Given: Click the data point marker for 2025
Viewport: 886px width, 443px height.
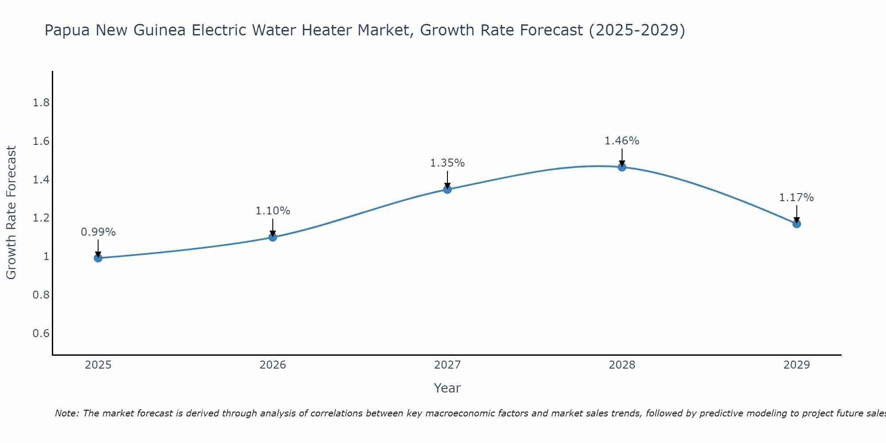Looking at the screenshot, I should tap(98, 258).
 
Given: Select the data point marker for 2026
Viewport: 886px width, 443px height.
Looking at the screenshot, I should tap(272, 237).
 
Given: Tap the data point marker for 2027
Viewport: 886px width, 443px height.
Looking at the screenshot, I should tap(447, 189).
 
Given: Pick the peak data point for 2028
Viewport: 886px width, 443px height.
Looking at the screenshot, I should tap(622, 167).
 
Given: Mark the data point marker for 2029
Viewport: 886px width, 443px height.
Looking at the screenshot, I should tap(797, 224).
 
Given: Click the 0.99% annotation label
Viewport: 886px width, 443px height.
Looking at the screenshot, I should tap(98, 232).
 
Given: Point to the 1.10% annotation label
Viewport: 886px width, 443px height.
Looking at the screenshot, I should tap(273, 211).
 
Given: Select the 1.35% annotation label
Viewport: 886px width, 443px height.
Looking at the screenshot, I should tap(447, 163).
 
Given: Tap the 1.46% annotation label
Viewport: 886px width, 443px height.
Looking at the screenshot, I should tap(622, 141).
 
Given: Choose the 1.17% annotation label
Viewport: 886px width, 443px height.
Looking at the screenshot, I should tap(797, 198).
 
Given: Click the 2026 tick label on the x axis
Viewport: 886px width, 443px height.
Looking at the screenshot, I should tap(273, 365).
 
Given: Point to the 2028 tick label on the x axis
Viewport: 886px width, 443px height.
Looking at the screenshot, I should tap(622, 365).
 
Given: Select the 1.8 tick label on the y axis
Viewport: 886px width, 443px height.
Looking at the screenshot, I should tap(41, 103).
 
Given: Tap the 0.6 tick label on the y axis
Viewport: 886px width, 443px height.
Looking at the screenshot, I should tap(41, 333).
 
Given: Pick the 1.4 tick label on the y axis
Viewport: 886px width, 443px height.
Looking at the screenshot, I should tap(41, 179).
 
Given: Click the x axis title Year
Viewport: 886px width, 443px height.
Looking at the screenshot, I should tap(447, 388).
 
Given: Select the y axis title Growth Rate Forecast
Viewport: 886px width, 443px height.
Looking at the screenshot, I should tap(11, 213).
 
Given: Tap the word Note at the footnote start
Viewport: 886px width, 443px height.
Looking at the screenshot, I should tap(66, 413).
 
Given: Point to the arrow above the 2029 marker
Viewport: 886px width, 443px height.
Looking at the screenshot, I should tap(797, 214).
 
